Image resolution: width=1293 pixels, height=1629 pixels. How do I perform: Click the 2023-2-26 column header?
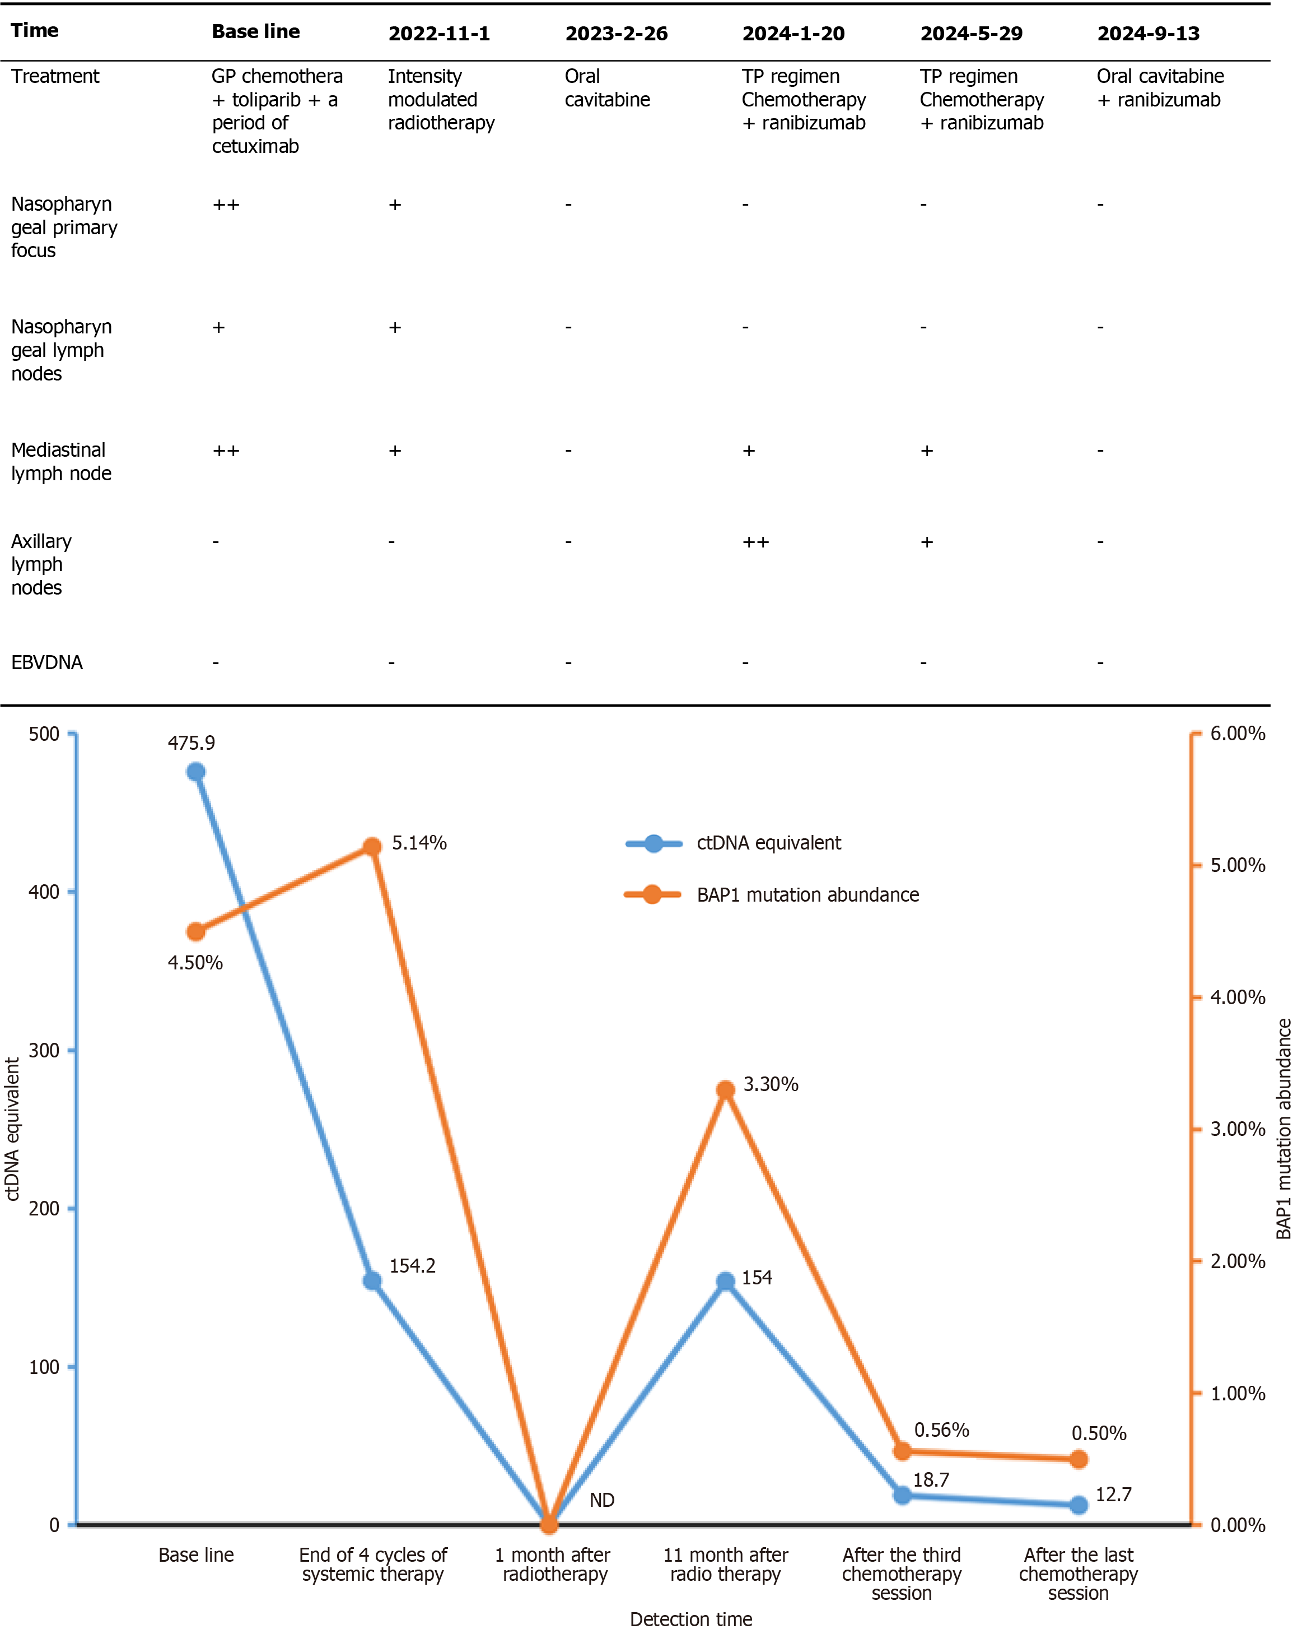[x=617, y=33]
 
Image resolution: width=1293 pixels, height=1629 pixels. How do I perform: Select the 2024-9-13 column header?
[x=1148, y=33]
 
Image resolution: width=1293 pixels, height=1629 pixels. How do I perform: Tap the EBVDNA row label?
[x=47, y=662]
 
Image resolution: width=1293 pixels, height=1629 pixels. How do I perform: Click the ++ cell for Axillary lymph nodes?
[x=755, y=542]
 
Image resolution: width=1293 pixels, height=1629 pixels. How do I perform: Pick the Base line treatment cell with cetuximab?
[x=277, y=111]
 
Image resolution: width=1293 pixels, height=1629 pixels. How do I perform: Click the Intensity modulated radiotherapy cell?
[x=441, y=99]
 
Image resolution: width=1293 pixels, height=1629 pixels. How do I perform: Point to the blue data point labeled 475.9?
[x=195, y=772]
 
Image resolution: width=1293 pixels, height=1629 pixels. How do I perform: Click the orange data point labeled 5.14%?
[x=372, y=846]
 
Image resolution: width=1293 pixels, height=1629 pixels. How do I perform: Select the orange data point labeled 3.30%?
[x=725, y=1089]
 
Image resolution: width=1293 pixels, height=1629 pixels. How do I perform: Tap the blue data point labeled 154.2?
[x=372, y=1280]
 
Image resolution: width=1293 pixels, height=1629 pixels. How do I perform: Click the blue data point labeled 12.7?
[x=1079, y=1505]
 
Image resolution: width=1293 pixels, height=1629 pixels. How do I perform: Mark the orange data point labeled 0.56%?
[x=902, y=1451]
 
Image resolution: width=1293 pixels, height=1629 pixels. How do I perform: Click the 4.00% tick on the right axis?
[x=1237, y=997]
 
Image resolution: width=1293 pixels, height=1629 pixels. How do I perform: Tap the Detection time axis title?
[x=690, y=1619]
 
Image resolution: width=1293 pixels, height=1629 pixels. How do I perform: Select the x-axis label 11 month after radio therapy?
[x=725, y=1565]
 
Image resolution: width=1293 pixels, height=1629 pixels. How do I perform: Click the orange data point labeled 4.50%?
[x=195, y=931]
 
